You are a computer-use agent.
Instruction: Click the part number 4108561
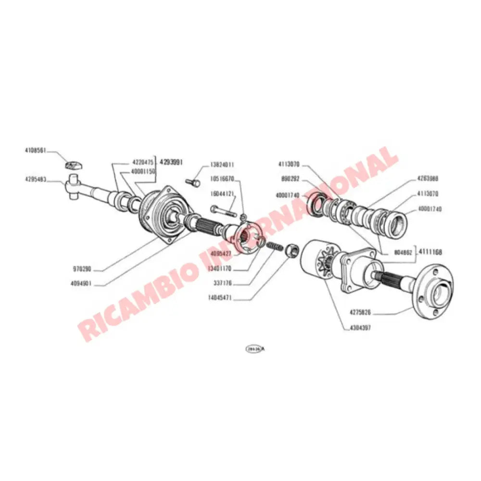36,150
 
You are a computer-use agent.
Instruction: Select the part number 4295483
36,179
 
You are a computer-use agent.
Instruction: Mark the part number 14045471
221,298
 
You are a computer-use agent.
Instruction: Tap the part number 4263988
428,178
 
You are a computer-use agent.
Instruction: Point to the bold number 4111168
430,252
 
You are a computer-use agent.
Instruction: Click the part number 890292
291,178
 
